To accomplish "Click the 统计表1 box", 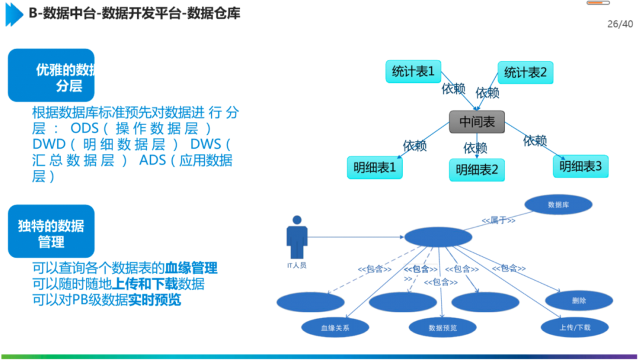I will [x=413, y=72].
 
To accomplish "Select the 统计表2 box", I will [x=525, y=73].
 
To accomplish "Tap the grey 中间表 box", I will [x=476, y=122].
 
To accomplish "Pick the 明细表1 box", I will [x=375, y=168].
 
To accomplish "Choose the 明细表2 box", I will [x=477, y=170].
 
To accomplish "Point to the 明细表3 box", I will [x=580, y=166].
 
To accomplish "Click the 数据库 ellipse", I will [x=558, y=205].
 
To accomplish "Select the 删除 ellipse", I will [x=579, y=300].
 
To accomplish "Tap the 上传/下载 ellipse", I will [x=574, y=327].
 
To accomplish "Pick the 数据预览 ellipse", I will [x=442, y=327].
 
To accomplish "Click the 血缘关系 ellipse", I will [x=335, y=327].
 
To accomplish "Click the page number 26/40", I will [x=620, y=24].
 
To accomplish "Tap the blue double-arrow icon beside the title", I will [x=14, y=14].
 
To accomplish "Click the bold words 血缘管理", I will [x=191, y=268].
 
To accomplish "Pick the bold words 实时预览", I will [x=155, y=300].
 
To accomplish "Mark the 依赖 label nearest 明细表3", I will [x=534, y=140].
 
